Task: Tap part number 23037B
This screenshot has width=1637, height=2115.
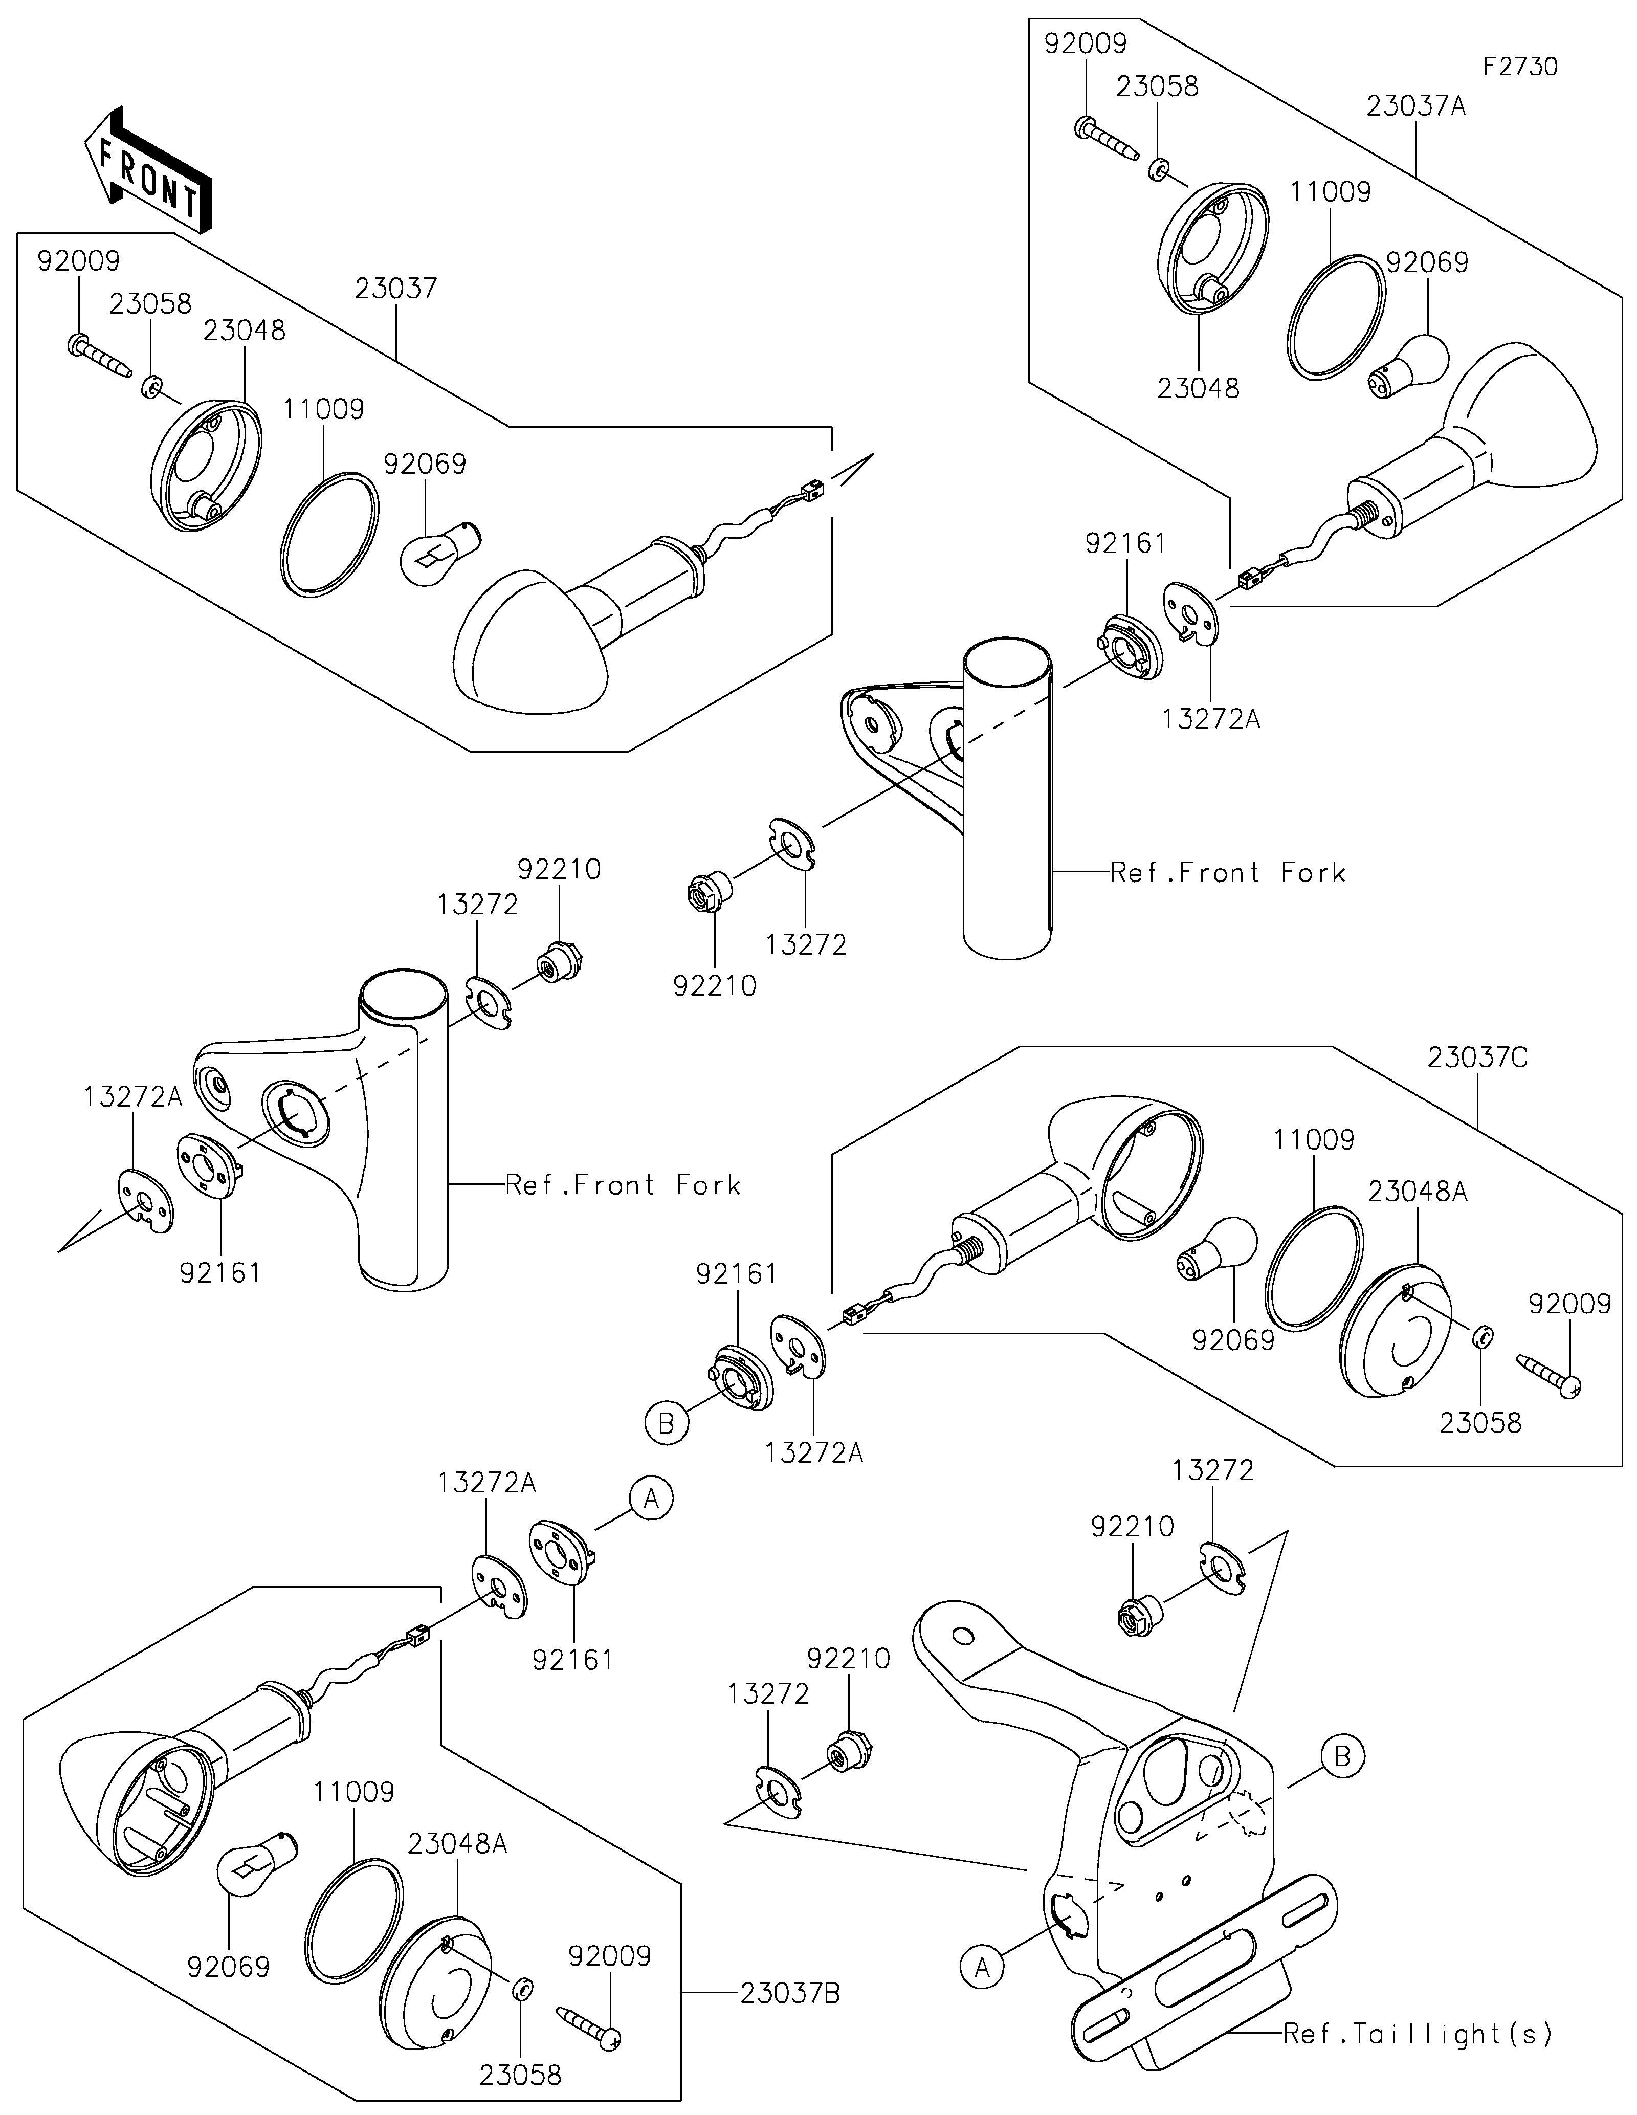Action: pos(790,1994)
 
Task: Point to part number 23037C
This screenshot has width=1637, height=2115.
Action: pos(1478,1059)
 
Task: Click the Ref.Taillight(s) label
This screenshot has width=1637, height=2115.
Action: pos(1418,2034)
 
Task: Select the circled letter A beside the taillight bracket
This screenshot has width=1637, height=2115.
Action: pos(983,1968)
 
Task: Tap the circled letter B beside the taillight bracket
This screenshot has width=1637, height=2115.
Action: pos(1342,1755)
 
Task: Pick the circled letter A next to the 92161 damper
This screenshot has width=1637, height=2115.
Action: pos(652,1498)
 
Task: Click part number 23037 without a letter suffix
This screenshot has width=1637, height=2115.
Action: pos(396,289)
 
